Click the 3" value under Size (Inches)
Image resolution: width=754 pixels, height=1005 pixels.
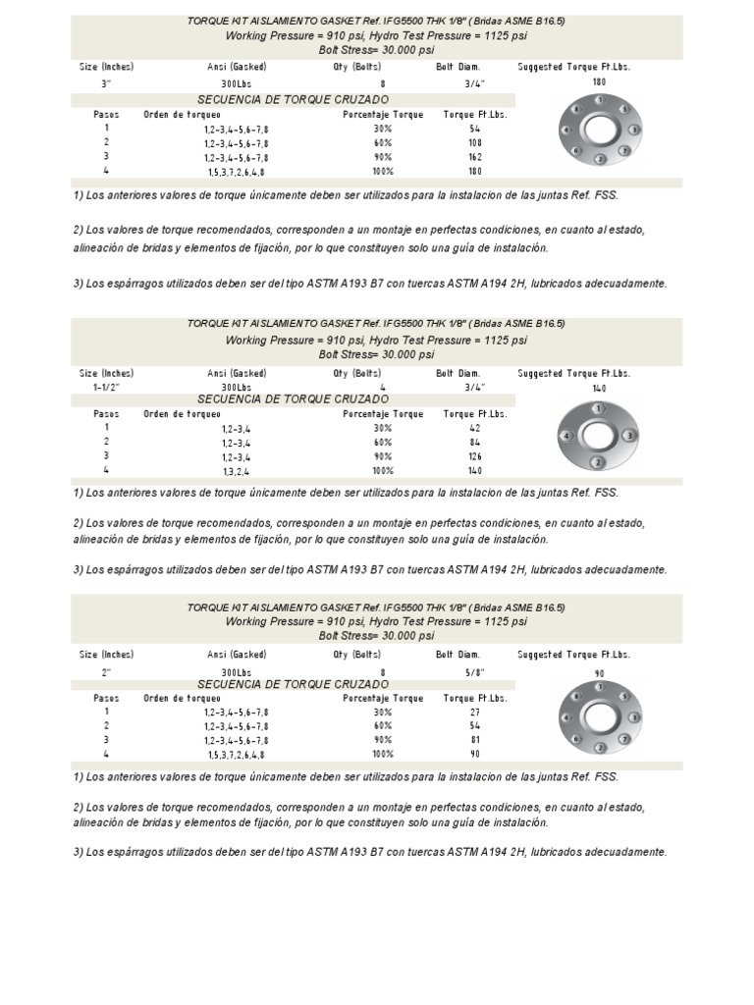106,84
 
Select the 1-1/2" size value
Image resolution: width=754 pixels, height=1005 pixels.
106,387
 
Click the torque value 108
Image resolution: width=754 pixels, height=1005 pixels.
475,142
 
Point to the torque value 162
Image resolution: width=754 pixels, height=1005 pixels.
475,157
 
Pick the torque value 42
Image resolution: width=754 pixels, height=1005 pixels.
475,428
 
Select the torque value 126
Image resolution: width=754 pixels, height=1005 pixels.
475,456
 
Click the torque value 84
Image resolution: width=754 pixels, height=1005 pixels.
475,443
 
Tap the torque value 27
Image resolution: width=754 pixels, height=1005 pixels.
475,712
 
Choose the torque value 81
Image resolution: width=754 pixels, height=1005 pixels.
475,740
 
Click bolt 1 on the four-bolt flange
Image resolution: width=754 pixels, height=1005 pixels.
598,408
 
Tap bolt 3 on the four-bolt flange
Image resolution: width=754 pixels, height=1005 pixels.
630,435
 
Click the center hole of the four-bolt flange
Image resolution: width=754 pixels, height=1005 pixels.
598,435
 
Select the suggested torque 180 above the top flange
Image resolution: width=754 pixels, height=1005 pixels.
599,82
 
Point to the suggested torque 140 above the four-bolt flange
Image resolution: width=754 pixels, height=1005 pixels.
599,390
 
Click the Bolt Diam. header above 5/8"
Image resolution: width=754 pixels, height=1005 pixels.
458,654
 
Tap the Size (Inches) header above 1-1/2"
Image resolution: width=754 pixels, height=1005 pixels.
106,373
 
